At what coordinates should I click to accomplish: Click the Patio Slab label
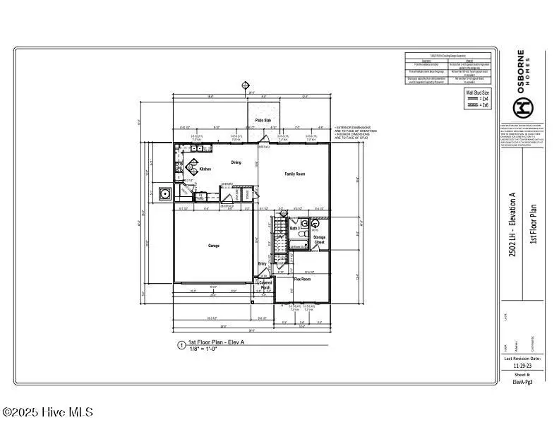click(x=263, y=121)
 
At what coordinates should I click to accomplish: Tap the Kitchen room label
click(x=205, y=169)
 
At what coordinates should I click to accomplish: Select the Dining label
click(x=236, y=162)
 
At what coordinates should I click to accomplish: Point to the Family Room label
click(x=294, y=174)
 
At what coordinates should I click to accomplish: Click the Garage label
click(x=213, y=246)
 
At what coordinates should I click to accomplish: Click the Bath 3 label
click(x=294, y=228)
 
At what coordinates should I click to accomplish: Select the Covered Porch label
click(x=265, y=285)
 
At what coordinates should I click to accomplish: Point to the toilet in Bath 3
click(x=301, y=232)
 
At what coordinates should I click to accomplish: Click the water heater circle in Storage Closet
click(x=315, y=224)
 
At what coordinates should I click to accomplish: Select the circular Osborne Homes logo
click(x=522, y=108)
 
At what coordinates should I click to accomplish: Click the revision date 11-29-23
click(x=523, y=366)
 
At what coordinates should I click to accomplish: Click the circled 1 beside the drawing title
click(x=181, y=346)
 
